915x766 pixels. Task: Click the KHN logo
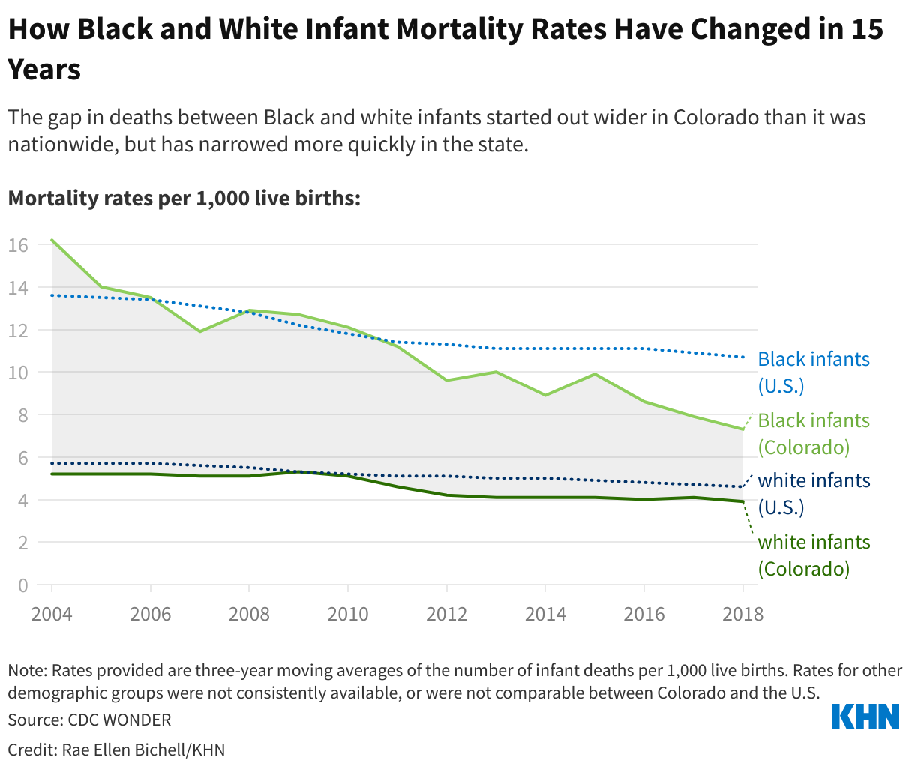(x=865, y=716)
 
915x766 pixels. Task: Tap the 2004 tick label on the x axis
(x=52, y=615)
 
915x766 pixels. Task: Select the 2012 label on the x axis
(x=446, y=615)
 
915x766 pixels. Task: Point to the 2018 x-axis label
(x=742, y=615)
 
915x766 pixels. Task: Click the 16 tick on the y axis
(x=19, y=245)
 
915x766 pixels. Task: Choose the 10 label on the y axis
(x=19, y=373)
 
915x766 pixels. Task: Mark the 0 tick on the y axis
(x=24, y=585)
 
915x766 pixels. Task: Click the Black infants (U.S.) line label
(x=814, y=373)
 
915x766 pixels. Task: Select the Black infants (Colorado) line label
(x=814, y=434)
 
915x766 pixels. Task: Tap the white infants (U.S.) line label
(x=814, y=494)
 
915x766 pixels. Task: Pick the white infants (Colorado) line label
(x=814, y=555)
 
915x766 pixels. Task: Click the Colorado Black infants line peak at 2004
(x=52, y=240)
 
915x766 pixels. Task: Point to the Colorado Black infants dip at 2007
(x=199, y=331)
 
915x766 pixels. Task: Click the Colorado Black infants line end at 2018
(x=742, y=429)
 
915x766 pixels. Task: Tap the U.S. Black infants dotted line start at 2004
(x=52, y=295)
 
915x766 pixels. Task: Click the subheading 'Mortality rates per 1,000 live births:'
(x=184, y=199)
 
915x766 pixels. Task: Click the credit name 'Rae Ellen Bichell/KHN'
(x=143, y=750)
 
